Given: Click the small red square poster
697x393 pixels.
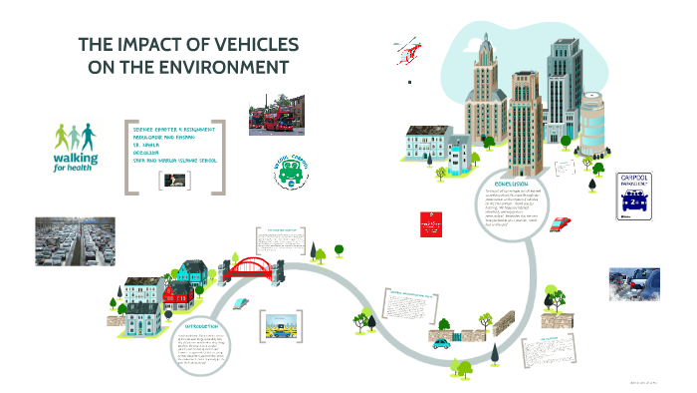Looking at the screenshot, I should click(432, 225).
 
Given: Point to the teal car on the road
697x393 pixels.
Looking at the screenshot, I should click(440, 341).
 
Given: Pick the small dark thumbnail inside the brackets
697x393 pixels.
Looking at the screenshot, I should click(180, 180).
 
